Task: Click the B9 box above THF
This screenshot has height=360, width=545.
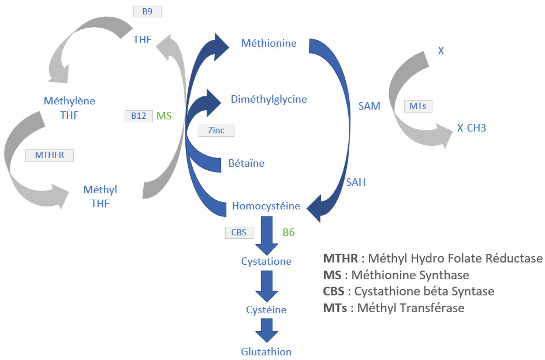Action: point(147,11)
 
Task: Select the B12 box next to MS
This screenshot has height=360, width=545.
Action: point(139,115)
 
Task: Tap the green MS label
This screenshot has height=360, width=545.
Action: point(165,115)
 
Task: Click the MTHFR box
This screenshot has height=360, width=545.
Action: point(50,155)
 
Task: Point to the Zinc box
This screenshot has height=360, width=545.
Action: point(216,130)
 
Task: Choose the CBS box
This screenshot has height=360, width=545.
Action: point(239,232)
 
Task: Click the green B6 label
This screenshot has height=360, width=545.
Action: point(289,232)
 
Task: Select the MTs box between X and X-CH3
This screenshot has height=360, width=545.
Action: point(417,106)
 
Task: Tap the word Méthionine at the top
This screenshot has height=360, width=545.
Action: point(269,43)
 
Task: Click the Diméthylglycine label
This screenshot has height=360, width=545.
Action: point(269,99)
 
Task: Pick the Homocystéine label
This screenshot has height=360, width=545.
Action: point(266,205)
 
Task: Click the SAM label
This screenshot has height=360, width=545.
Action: point(369,106)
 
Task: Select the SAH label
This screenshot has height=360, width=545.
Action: point(356,182)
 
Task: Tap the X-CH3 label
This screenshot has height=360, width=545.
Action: point(472,128)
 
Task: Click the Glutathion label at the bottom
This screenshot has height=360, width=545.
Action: point(266,351)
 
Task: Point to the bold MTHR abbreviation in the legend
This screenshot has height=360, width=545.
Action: point(337,258)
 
